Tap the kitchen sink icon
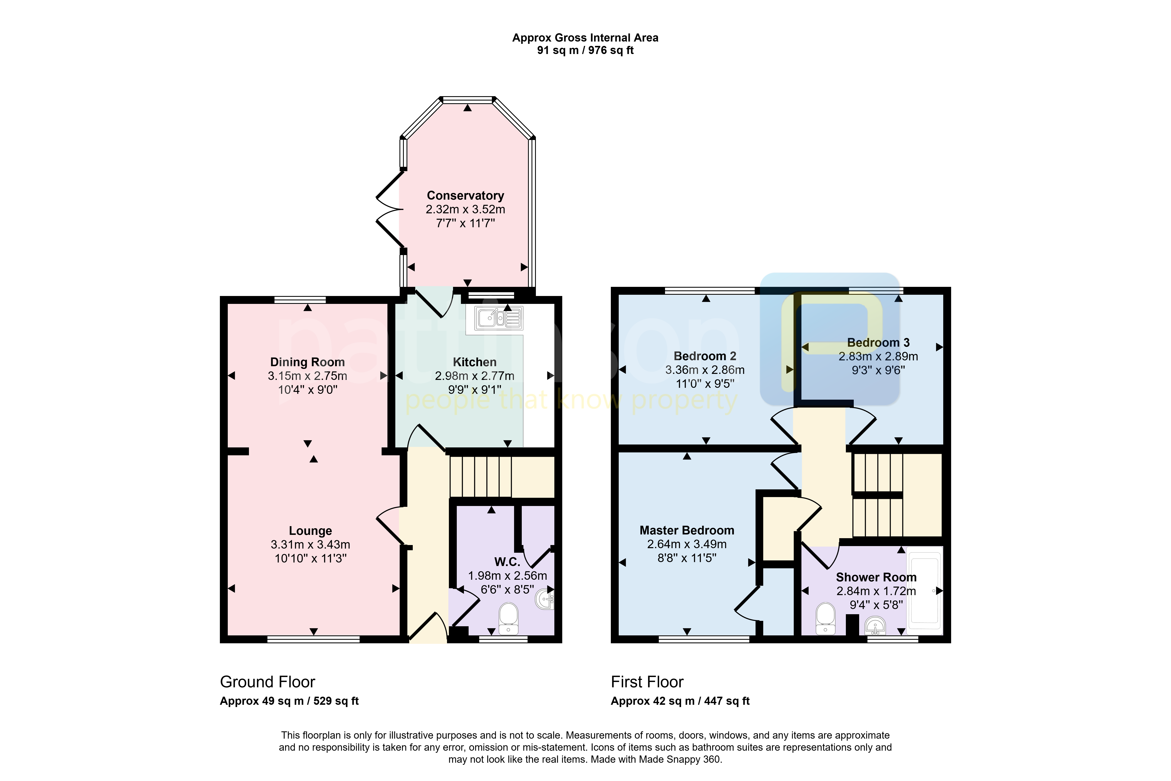coord(498,318)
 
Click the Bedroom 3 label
coord(878,343)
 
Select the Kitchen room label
coord(474,362)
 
